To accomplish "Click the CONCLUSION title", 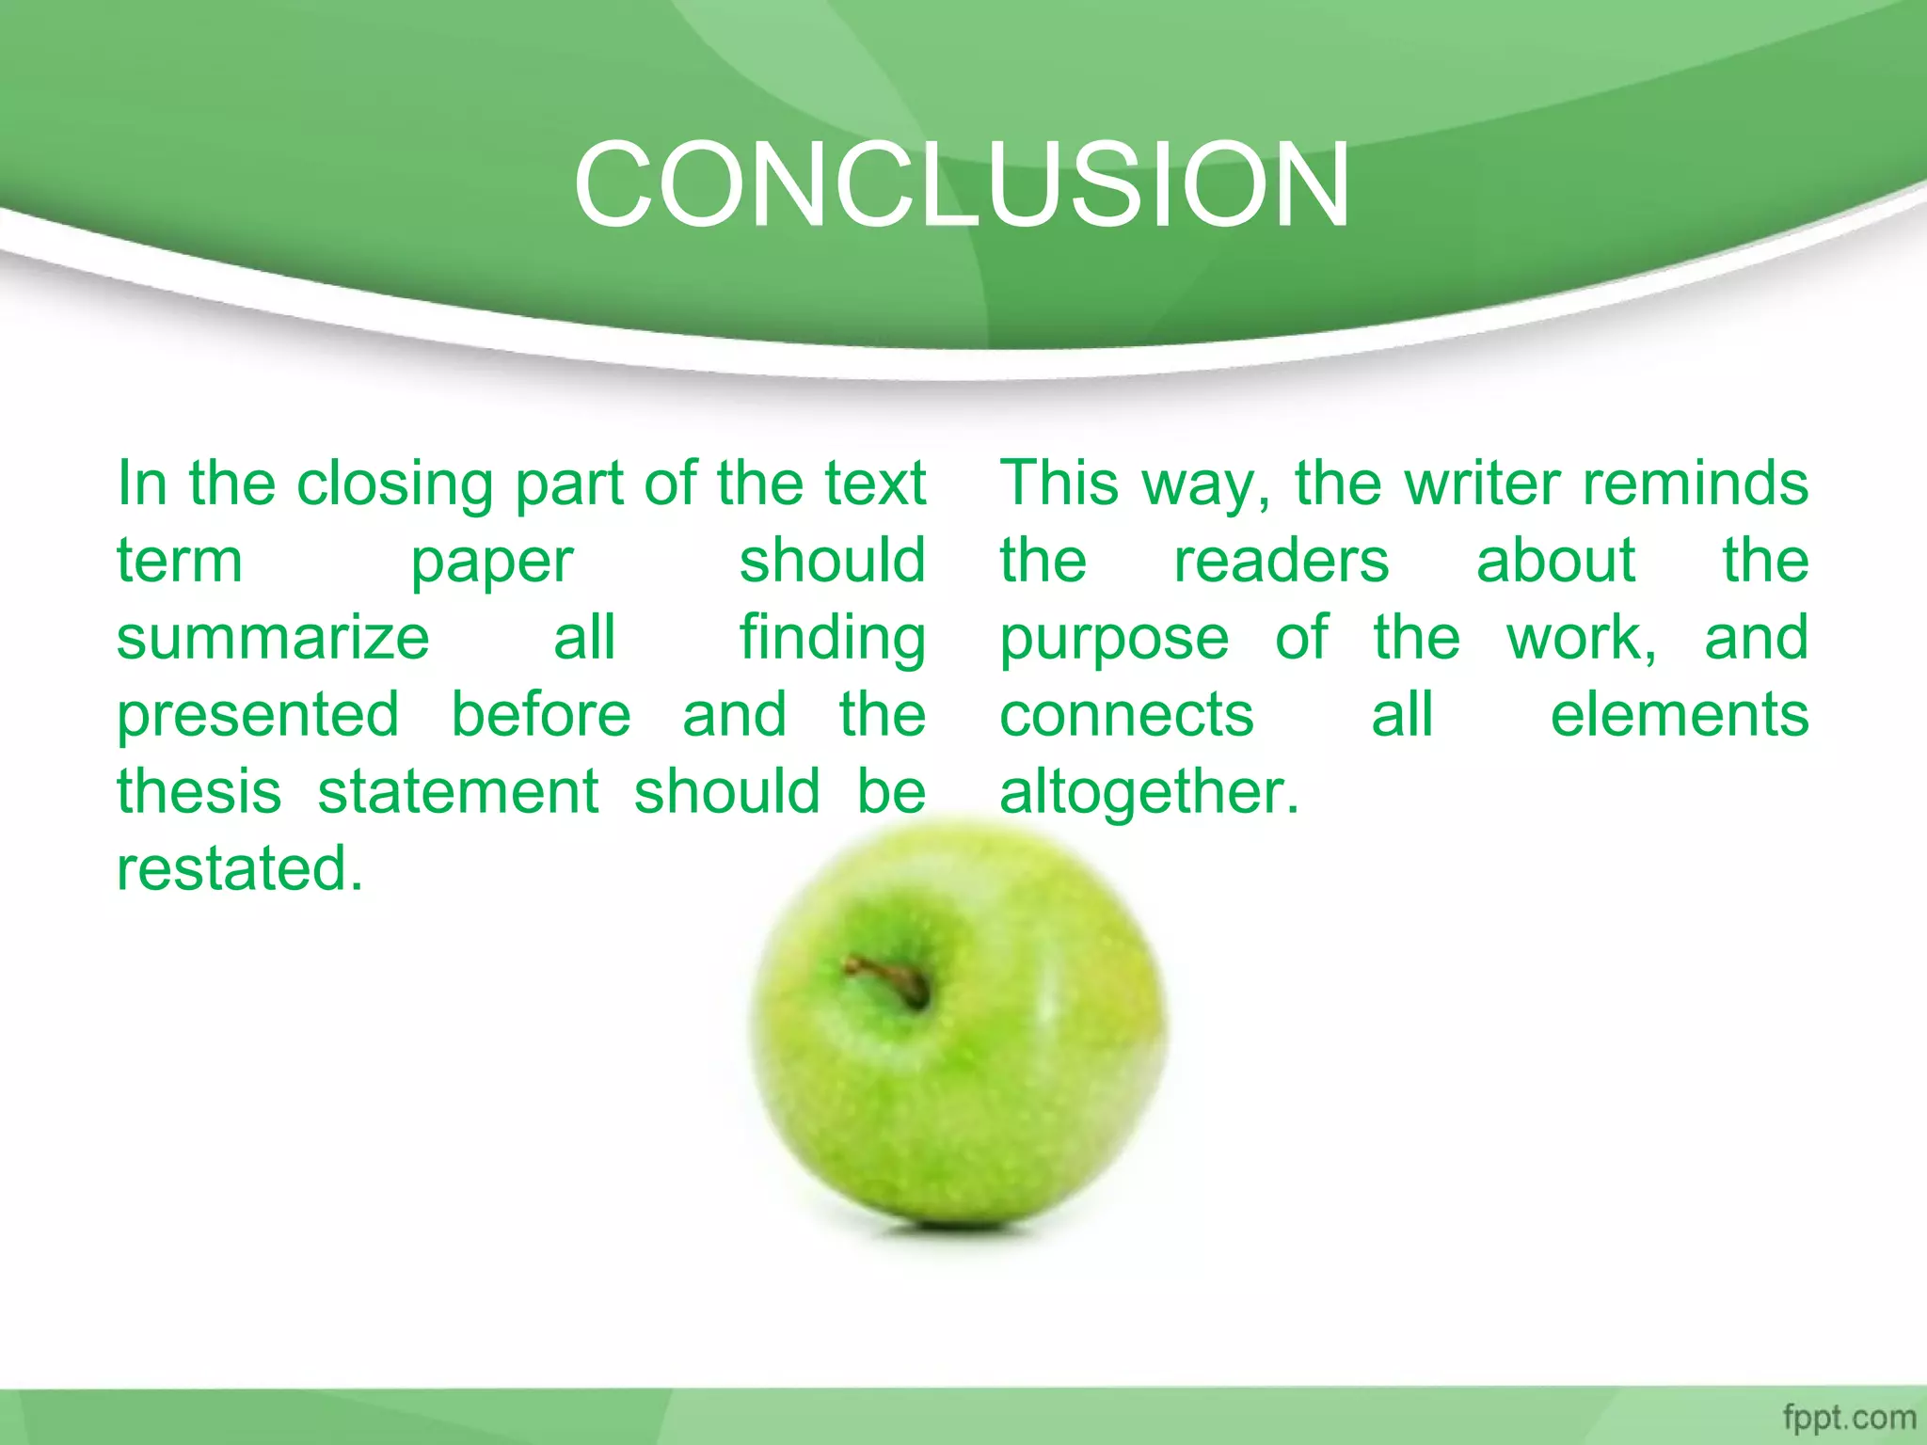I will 962,183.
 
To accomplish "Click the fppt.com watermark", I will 1849,1417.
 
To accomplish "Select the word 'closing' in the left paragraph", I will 394,484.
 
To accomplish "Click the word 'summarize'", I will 273,638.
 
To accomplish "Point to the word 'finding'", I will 832,638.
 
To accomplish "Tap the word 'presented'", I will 258,715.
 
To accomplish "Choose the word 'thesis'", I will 199,791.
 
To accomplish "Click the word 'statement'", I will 457,791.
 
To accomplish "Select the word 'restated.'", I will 239,868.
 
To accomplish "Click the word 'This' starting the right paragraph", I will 1059,484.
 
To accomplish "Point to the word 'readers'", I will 1281,561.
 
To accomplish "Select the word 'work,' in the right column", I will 1582,638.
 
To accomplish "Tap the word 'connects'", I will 1126,715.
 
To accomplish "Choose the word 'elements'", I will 1679,715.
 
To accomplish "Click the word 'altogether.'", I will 1149,793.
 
